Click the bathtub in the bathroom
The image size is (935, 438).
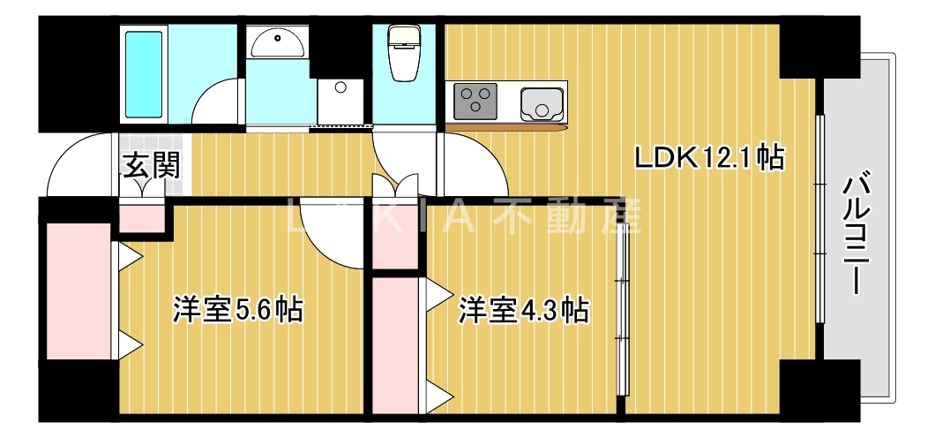tap(145, 76)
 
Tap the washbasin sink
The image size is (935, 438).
tap(277, 41)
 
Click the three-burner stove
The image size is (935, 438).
tap(475, 101)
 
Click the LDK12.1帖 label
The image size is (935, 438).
tap(709, 158)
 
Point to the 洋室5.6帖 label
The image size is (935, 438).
tap(237, 310)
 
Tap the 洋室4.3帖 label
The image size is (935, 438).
tap(523, 310)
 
